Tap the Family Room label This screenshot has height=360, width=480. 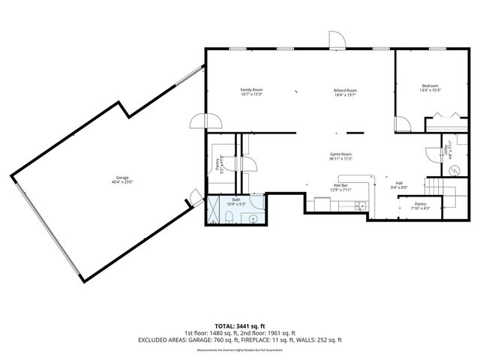pos(251,92)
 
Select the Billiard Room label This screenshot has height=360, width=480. pos(345,92)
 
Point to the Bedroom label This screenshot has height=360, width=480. pos(430,88)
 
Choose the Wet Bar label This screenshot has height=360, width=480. pos(341,187)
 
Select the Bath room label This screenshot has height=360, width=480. pos(235,201)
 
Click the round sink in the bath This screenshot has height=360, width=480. pos(253,219)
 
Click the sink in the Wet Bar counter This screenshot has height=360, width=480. pos(360,204)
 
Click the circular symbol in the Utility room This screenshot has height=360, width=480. pos(453,170)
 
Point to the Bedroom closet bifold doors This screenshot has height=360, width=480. pos(447,116)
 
